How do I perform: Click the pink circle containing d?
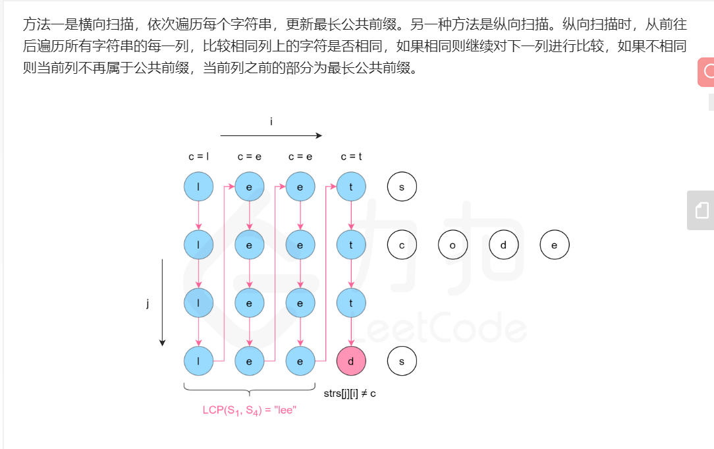click(x=351, y=361)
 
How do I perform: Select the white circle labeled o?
click(x=453, y=245)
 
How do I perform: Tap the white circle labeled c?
click(x=402, y=245)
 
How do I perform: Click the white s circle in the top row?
click(x=402, y=187)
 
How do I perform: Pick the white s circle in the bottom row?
click(x=402, y=361)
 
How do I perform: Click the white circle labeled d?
click(x=504, y=245)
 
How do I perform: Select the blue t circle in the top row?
click(x=351, y=187)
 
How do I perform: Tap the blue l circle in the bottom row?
click(x=198, y=361)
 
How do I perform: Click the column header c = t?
click(x=351, y=156)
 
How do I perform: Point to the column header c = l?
click(x=198, y=156)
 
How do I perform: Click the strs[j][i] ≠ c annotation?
click(x=350, y=394)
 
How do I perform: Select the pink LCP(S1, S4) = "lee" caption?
click(x=250, y=410)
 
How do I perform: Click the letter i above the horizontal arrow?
click(x=271, y=121)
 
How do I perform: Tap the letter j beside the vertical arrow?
click(x=148, y=303)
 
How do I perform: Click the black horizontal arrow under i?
click(x=271, y=135)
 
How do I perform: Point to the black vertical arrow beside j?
click(x=162, y=303)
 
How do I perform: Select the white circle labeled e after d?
click(x=555, y=245)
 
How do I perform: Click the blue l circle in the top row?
click(x=198, y=187)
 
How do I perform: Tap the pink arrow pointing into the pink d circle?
click(x=351, y=332)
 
